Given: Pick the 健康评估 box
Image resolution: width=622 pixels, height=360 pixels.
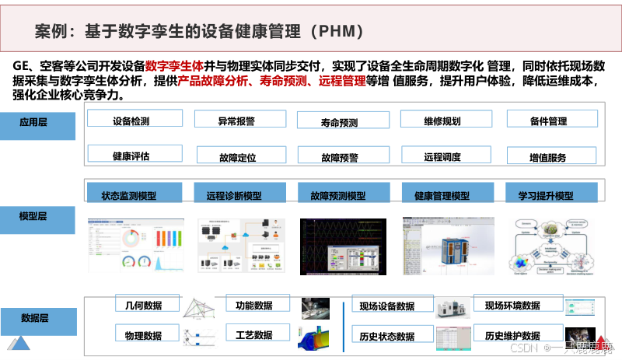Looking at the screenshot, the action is [x=130, y=155].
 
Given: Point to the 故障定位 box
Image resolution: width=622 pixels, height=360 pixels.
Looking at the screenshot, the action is [x=237, y=156].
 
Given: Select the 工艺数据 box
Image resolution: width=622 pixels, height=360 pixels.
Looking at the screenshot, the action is [x=253, y=334].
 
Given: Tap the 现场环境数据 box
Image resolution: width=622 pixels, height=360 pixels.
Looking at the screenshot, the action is [x=512, y=305].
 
